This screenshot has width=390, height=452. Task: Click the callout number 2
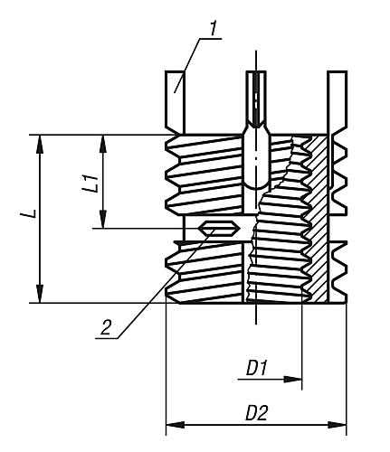pyautogui.click(x=107, y=328)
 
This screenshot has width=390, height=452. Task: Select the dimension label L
pyautogui.click(x=29, y=216)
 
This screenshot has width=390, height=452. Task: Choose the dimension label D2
pyautogui.click(x=257, y=412)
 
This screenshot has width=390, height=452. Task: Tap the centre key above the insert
pyautogui.click(x=256, y=99)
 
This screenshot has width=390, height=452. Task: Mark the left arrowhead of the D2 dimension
pyautogui.click(x=172, y=424)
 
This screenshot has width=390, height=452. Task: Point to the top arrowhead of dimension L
pyautogui.click(x=42, y=141)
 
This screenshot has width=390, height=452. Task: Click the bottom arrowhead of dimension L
pyautogui.click(x=42, y=297)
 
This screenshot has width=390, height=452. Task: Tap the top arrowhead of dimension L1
pyautogui.click(x=103, y=141)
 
